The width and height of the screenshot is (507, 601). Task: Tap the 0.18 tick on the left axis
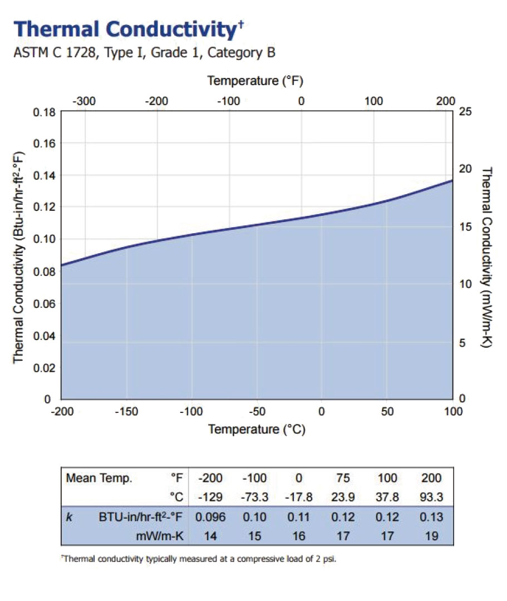42,112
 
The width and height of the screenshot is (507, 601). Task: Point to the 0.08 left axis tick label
42,272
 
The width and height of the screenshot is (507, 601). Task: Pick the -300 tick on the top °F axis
85,101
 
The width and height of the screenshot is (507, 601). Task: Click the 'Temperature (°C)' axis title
257,429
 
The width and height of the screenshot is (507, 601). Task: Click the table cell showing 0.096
210,517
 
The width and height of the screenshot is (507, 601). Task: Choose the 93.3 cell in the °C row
432,497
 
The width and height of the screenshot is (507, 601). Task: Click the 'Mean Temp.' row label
99,479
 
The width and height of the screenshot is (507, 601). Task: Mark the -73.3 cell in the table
255,497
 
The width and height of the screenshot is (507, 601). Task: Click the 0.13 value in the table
432,517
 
